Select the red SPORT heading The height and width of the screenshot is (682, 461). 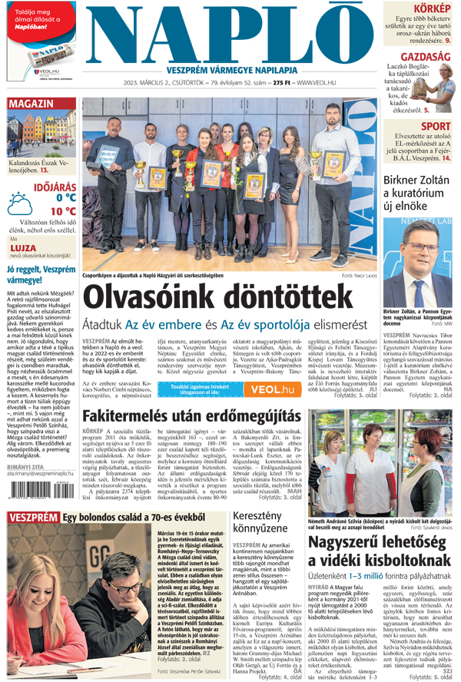[436, 127]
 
